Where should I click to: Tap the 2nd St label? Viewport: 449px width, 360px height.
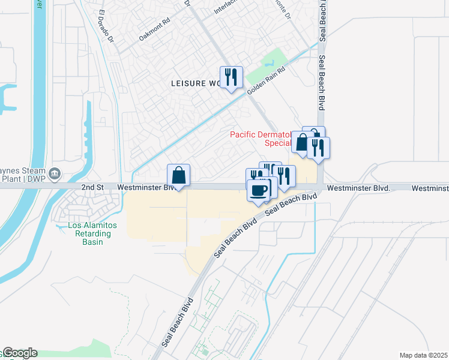click(x=92, y=187)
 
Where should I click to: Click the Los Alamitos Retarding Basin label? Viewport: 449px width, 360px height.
click(x=85, y=233)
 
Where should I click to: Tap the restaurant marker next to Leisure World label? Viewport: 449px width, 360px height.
click(x=231, y=77)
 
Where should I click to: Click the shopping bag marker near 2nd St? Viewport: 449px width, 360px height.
click(x=179, y=175)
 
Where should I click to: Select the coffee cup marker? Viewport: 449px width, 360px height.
click(x=259, y=191)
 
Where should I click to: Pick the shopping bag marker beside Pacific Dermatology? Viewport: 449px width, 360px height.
click(x=302, y=143)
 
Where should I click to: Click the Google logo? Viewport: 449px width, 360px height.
click(x=19, y=353)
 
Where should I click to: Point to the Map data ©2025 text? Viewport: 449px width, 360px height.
click(x=423, y=355)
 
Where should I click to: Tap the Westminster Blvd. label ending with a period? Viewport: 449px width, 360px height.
click(x=358, y=188)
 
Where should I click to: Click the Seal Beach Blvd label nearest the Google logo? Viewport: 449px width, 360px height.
click(x=179, y=323)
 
